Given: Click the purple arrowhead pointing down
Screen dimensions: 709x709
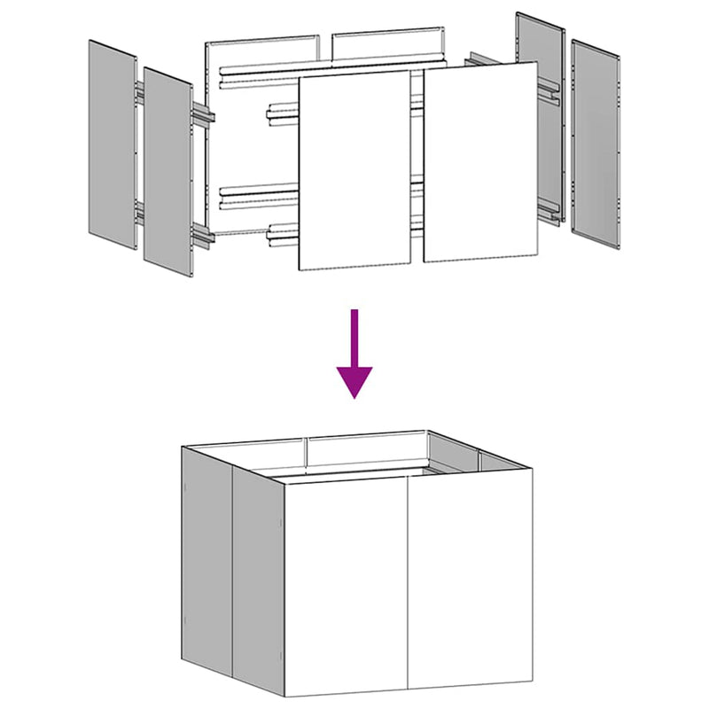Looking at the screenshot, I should [354, 381].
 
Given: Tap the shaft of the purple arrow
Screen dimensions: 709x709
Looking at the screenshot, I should [354, 337].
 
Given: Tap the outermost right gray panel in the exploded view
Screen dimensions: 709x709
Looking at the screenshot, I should [596, 142].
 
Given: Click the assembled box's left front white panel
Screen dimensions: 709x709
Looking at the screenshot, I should [346, 585].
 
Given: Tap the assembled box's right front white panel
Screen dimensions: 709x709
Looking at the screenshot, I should [470, 580].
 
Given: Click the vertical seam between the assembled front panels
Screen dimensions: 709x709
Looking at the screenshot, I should [408, 585].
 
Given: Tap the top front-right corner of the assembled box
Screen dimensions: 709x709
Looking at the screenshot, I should [534, 470].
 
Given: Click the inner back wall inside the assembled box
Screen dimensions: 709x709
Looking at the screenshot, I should [363, 454].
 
